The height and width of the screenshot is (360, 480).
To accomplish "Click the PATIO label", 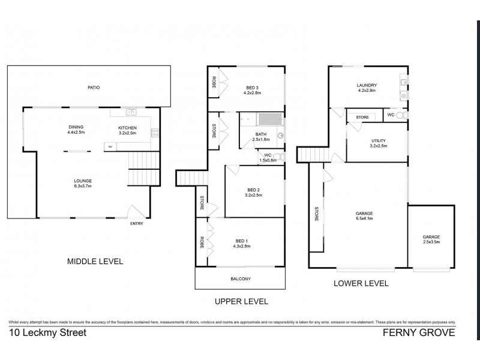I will click(x=93, y=88).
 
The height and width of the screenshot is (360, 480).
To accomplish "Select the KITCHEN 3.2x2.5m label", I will click(x=127, y=130).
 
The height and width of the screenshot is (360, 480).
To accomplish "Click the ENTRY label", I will click(x=137, y=224).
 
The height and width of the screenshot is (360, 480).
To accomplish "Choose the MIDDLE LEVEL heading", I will click(x=95, y=261).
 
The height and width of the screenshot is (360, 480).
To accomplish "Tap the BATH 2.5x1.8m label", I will click(x=261, y=136).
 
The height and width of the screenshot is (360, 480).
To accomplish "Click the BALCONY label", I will click(x=240, y=279).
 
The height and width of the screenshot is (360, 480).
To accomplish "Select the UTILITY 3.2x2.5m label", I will click(x=379, y=143).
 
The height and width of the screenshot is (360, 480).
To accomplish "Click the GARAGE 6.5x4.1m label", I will click(x=364, y=217).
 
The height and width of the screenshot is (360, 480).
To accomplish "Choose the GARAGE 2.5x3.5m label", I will click(x=431, y=239).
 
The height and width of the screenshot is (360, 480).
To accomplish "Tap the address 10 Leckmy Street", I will click(x=48, y=332).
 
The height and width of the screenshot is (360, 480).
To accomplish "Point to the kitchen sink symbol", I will click(x=131, y=112).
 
